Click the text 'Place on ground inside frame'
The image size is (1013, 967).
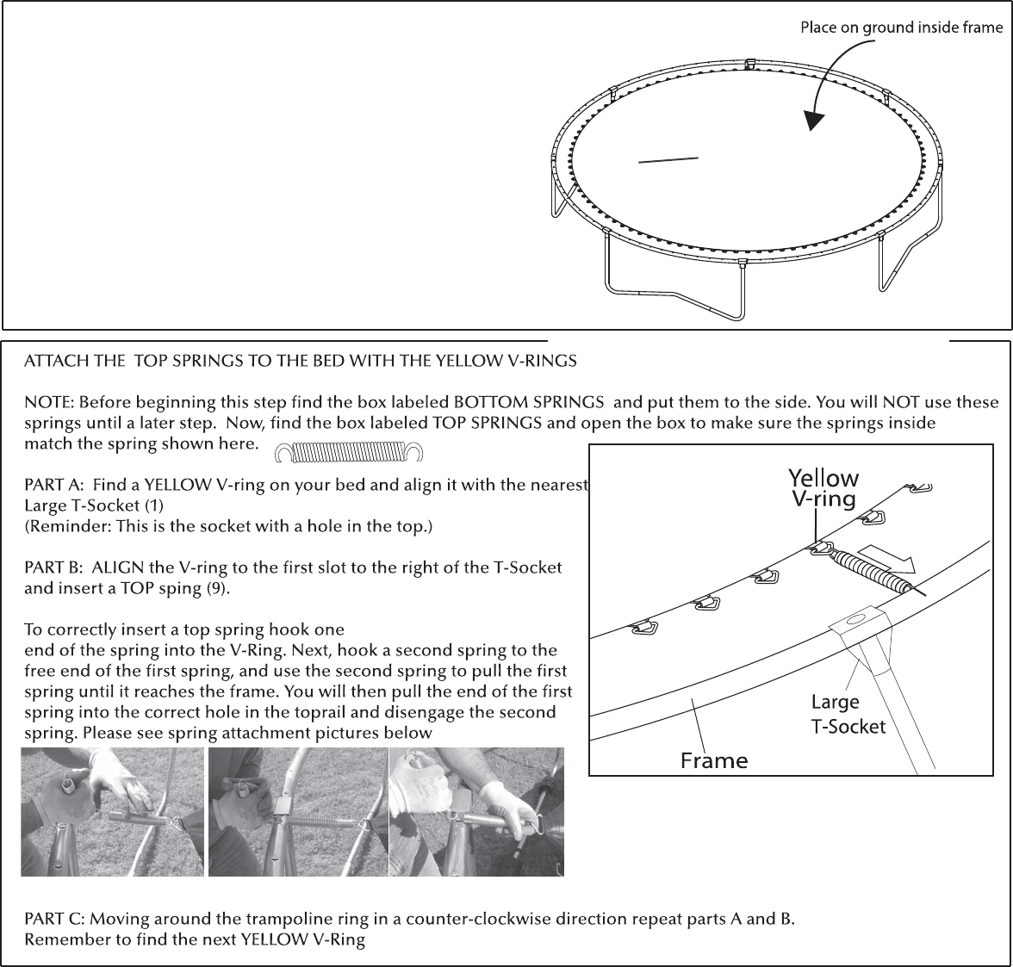click(901, 28)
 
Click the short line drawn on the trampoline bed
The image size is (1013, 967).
click(668, 160)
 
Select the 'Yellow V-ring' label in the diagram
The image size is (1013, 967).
click(823, 488)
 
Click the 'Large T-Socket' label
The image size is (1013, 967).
click(848, 714)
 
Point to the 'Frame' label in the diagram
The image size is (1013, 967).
click(714, 759)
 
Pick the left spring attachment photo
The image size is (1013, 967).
click(112, 811)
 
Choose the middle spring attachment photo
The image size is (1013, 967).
click(297, 811)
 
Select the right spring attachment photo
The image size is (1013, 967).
click(477, 811)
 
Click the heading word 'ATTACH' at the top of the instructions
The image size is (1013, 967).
click(53, 361)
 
